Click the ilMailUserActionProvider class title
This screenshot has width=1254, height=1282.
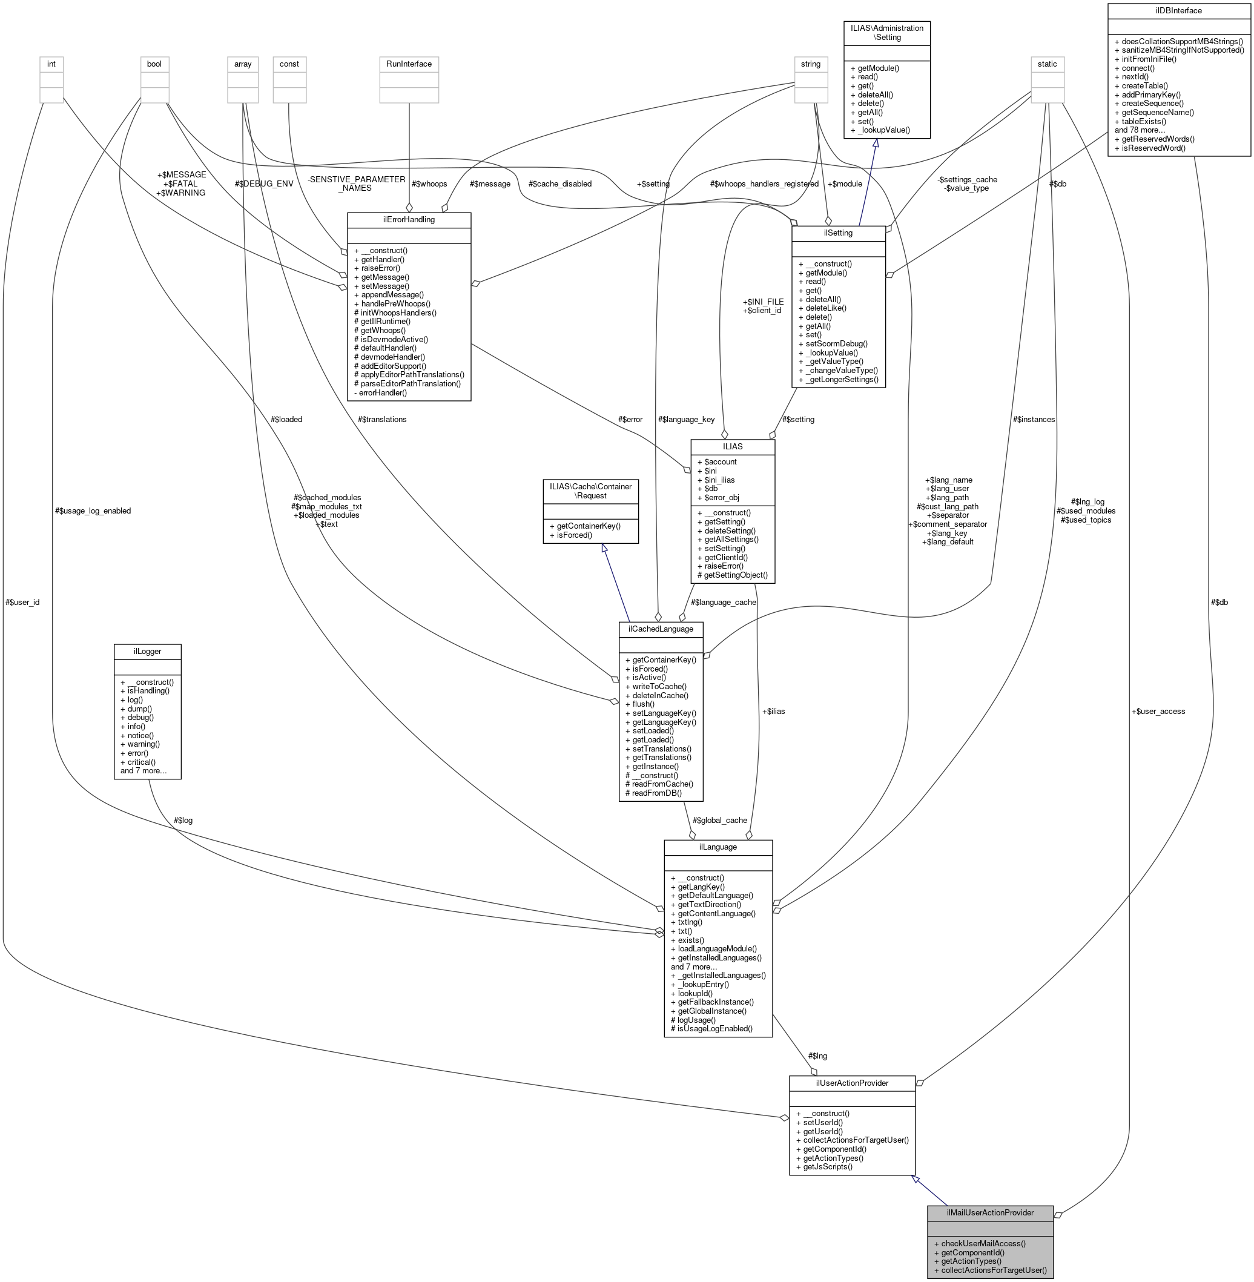click(990, 1212)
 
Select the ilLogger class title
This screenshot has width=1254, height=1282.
click(147, 651)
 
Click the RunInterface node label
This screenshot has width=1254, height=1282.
click(409, 64)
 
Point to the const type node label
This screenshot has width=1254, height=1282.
click(289, 64)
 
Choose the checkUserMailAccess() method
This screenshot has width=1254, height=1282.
click(983, 1243)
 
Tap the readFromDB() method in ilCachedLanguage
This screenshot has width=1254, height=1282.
click(656, 793)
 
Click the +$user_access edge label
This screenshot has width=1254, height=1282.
click(1158, 711)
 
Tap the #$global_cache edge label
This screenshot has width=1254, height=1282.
click(719, 820)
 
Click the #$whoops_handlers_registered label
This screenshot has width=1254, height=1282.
click(764, 184)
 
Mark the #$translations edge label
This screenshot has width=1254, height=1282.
click(382, 419)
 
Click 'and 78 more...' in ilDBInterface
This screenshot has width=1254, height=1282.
click(1140, 130)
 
